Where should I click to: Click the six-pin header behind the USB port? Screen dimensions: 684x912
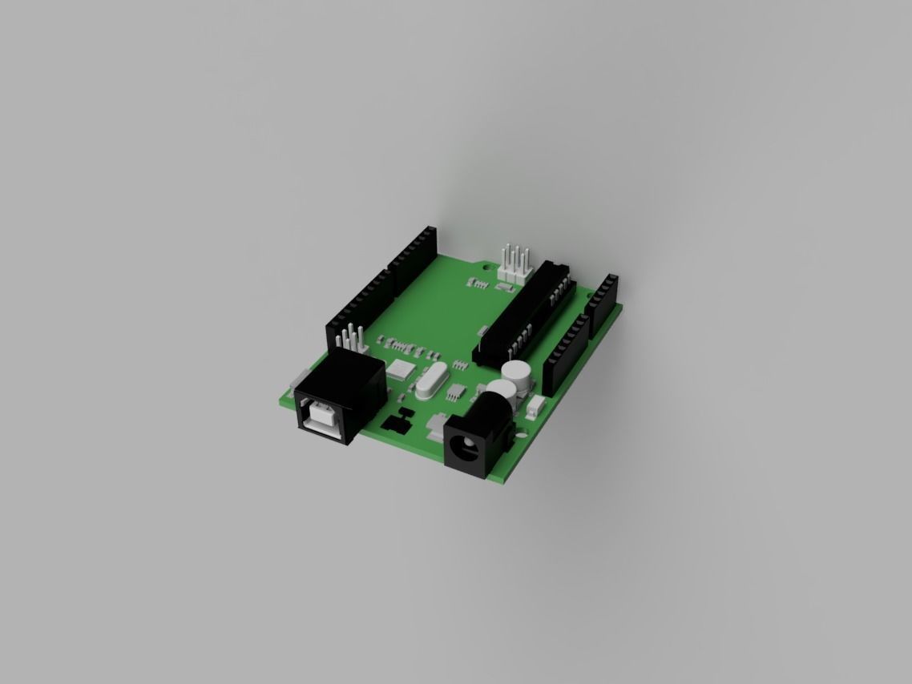(x=350, y=340)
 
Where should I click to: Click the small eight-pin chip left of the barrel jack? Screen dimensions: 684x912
(x=455, y=392)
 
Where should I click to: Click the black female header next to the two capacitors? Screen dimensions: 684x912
(x=565, y=350)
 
